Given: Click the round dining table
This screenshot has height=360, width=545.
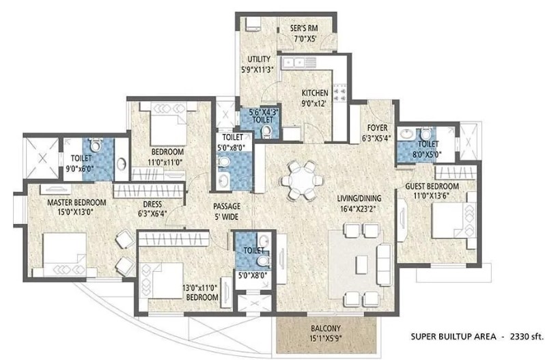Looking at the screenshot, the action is pos(302,180).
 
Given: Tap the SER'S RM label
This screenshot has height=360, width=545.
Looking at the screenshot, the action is pos(304,28).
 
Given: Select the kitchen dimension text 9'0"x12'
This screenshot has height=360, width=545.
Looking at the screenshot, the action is pos(314,103).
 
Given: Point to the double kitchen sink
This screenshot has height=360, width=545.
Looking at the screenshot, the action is pos(295,63).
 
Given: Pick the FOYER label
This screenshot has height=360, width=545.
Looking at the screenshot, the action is pos(377,128).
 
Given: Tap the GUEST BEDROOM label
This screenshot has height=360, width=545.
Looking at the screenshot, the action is pos(432,186).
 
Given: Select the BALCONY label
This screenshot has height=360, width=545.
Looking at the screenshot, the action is pos(325,328).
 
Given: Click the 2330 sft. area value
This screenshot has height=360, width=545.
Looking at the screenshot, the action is pos(527,336).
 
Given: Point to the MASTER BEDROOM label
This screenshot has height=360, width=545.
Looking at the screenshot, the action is pos(76,202).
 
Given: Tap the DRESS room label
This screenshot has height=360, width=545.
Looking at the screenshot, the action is pos(152,204).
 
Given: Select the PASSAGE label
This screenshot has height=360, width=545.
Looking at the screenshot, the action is pos(227,206).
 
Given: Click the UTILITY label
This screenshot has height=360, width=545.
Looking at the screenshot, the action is pos(259,59).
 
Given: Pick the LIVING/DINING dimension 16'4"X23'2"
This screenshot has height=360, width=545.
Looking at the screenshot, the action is pos(359,209).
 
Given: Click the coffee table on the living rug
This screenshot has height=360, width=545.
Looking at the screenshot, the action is pos(361,264).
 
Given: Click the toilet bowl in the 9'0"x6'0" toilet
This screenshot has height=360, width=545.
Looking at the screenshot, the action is pos(96,145).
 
